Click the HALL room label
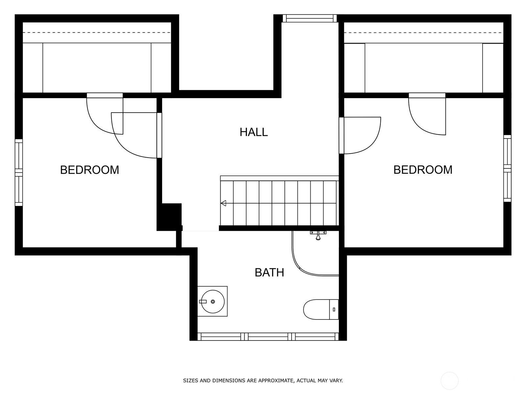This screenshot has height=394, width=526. pos(253,132)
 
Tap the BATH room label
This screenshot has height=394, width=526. pos(269,273)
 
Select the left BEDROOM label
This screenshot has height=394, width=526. pos(89,170)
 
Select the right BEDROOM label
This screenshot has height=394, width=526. pos(423,170)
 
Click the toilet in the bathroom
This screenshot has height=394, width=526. pos(321,309)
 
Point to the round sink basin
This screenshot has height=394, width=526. pos(213,302)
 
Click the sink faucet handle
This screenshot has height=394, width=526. pos(203,302)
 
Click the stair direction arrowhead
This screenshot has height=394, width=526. pos(223,203)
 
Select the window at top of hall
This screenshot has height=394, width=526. pos(310,18)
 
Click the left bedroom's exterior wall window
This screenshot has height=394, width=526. pos(19,172)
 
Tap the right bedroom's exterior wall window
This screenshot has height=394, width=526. pos(507,168)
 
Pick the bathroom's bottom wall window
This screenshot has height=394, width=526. pos(268,337)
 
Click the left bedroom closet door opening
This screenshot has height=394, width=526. pos(105,95)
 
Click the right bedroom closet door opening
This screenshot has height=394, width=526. pos(427,95)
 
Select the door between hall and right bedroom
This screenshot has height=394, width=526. pos(342,135)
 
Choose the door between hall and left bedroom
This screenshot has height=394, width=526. pos(159,135)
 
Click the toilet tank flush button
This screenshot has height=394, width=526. pos(334,310)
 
